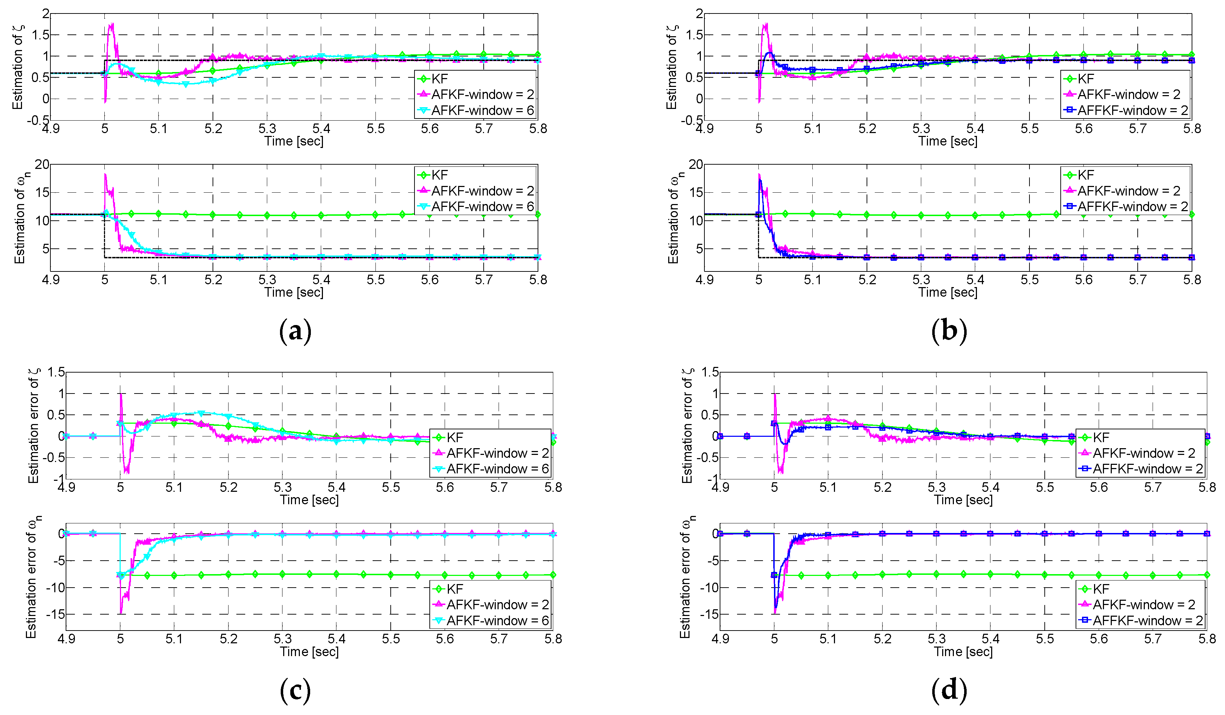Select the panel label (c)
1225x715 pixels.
pyautogui.click(x=295, y=690)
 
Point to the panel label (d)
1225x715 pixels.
pyautogui.click(x=949, y=690)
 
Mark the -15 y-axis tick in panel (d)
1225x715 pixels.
pyautogui.click(x=709, y=614)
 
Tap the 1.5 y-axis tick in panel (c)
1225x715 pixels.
pyautogui.click(x=56, y=372)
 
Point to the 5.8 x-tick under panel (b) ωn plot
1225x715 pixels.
pyautogui.click(x=1192, y=280)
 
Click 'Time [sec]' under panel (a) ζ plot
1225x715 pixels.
pyautogui.click(x=293, y=141)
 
